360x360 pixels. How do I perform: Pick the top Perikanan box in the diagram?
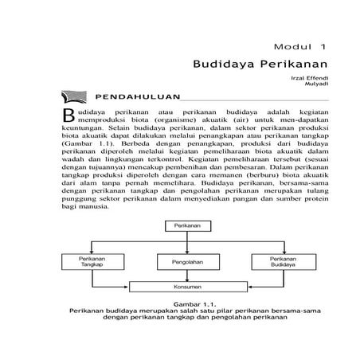[186, 227]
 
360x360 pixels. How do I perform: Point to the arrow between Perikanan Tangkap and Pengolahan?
[138, 262]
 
